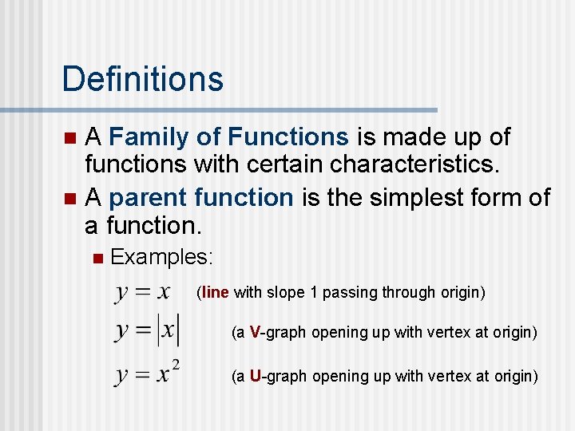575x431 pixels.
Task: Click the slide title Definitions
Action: coord(142,79)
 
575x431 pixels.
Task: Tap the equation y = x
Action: coord(143,291)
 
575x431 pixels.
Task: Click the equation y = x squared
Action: coord(148,374)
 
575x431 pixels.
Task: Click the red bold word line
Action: coord(216,292)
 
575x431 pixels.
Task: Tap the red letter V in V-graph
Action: coord(255,332)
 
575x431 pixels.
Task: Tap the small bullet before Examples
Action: coord(97,258)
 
